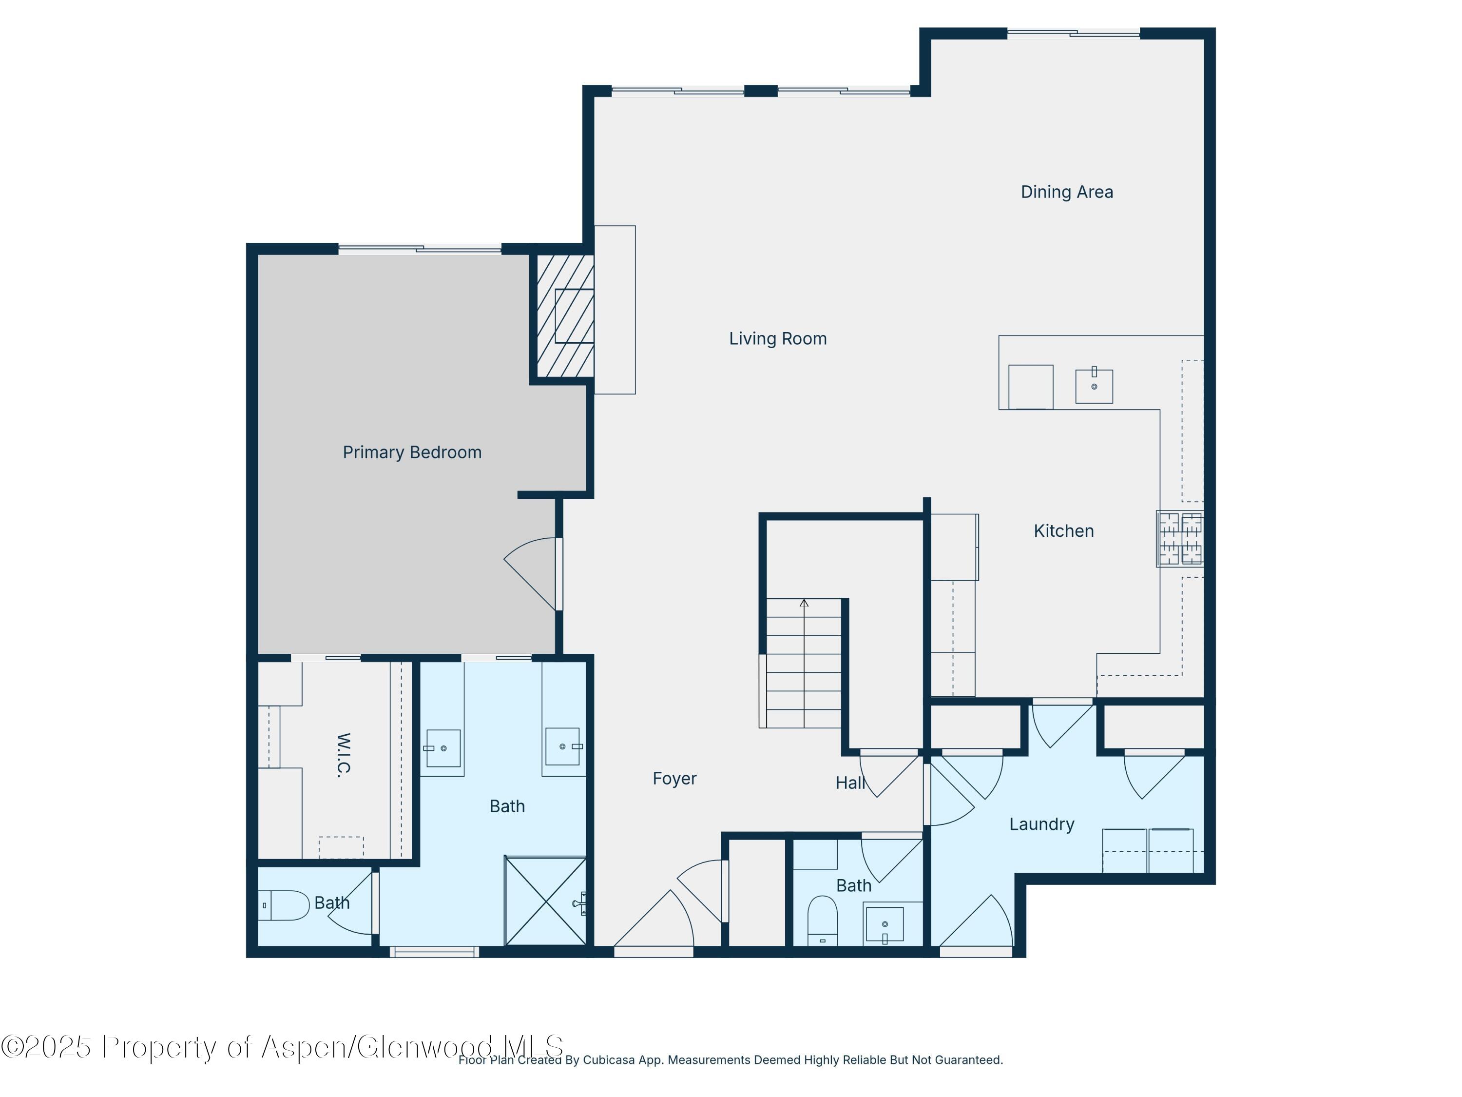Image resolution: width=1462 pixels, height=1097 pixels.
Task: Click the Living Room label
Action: [x=777, y=338]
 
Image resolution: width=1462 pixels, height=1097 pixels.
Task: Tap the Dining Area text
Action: [x=1066, y=192]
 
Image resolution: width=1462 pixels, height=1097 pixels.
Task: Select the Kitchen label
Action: [x=1063, y=531]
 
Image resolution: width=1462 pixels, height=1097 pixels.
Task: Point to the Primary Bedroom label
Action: [x=412, y=452]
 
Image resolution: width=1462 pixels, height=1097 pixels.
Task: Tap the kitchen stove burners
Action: [x=1180, y=539]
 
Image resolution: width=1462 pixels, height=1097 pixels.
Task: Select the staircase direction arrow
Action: [x=804, y=604]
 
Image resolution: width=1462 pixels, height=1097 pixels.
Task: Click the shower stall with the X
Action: [x=545, y=901]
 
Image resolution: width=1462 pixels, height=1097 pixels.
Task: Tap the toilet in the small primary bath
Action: [x=284, y=906]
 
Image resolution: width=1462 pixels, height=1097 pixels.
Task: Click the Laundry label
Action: [x=1041, y=824]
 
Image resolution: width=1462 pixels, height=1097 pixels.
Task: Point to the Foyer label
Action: [x=674, y=778]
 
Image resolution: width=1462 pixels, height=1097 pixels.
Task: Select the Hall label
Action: [x=849, y=783]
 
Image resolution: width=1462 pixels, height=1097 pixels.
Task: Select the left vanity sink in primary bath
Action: [x=443, y=748]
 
